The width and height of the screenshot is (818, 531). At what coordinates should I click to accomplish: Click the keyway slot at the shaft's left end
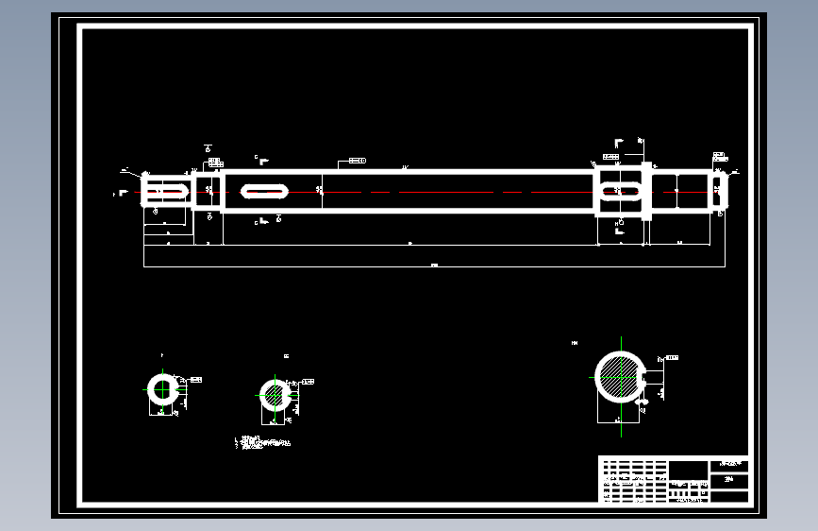click(x=168, y=191)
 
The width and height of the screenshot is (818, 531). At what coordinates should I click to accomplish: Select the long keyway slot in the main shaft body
click(x=265, y=191)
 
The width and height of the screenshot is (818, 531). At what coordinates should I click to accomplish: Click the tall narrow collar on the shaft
click(x=646, y=191)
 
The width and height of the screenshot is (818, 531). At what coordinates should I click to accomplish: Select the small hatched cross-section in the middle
click(x=275, y=396)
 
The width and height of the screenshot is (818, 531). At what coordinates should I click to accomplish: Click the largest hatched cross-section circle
click(x=620, y=377)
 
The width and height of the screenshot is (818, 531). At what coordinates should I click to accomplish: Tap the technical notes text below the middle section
click(x=263, y=442)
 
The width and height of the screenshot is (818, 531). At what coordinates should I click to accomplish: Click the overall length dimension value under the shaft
click(x=434, y=265)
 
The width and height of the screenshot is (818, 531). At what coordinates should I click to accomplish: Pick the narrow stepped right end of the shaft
click(x=719, y=191)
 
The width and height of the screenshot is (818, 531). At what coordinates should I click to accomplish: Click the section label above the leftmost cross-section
click(x=161, y=355)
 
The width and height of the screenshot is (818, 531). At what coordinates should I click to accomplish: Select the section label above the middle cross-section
click(x=286, y=356)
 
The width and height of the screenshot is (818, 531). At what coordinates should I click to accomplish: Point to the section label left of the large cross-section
click(x=575, y=341)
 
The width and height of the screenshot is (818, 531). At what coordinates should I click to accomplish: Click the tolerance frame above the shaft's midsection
click(x=357, y=162)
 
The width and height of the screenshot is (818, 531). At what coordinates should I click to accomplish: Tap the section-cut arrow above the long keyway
click(x=263, y=160)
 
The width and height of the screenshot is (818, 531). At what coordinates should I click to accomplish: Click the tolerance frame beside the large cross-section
click(x=671, y=358)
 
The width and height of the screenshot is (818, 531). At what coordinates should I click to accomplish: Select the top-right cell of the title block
click(x=730, y=464)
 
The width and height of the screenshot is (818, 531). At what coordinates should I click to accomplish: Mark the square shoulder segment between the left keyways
click(x=208, y=191)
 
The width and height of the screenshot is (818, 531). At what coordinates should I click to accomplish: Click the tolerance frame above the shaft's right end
click(x=718, y=155)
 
